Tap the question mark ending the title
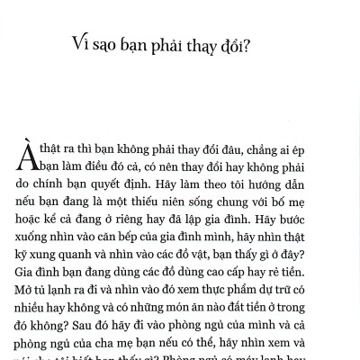(247, 45)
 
